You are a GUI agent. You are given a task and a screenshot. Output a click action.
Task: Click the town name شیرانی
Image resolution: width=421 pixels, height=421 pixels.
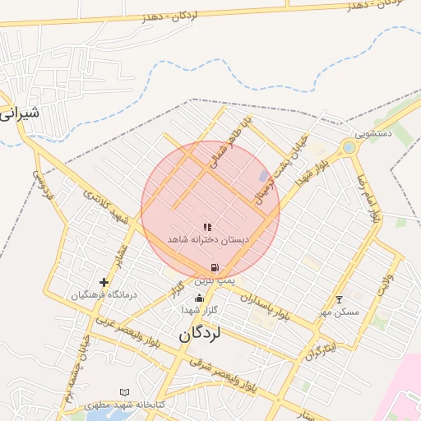coord(18,113)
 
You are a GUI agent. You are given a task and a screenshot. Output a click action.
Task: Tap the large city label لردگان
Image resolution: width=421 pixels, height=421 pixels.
coord(201,335)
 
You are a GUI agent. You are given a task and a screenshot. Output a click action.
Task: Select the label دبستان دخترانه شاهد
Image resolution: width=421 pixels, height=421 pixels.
coord(207,238)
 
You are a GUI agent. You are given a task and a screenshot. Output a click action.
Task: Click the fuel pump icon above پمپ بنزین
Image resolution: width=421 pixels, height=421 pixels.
coord(215,267)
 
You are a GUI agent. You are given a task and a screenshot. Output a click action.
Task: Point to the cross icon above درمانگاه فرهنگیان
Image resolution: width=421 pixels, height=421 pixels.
coord(104,282)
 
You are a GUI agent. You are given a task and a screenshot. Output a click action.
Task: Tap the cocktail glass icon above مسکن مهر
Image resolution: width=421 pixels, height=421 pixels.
coord(339,299)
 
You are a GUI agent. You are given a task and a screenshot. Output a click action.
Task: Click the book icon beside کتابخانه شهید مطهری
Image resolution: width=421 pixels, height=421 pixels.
coord(124,392)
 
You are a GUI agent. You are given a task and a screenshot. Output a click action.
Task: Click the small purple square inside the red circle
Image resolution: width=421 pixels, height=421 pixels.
coord(263,176)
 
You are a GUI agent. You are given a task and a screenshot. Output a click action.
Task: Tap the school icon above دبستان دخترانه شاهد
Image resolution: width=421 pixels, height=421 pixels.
coord(207,226)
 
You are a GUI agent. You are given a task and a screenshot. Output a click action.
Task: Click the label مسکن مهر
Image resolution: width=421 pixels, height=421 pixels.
coord(339,312)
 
